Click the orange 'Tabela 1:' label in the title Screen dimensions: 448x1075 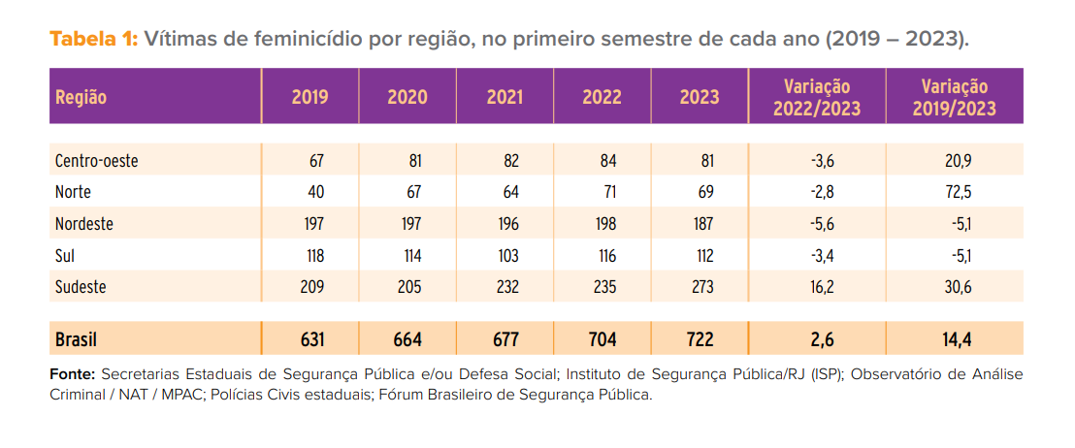(x=94, y=40)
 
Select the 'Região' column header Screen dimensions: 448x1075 (x=81, y=97)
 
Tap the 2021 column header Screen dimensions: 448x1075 (x=505, y=97)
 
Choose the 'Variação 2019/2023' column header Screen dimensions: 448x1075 (x=954, y=97)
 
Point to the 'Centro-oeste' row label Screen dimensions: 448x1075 (x=97, y=161)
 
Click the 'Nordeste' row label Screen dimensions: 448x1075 (x=84, y=224)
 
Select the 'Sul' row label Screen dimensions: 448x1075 (x=65, y=256)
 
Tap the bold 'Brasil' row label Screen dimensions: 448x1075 (x=77, y=339)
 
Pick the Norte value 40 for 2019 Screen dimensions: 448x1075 (x=315, y=192)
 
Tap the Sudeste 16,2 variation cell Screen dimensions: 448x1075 (x=822, y=287)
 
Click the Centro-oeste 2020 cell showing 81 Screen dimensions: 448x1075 (x=413, y=161)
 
